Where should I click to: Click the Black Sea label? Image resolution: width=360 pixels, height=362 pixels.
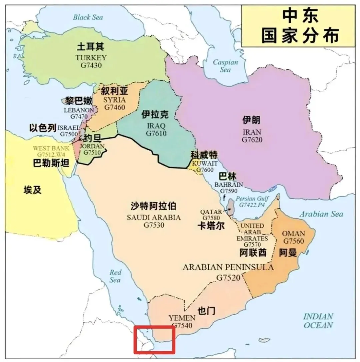[x=88, y=17]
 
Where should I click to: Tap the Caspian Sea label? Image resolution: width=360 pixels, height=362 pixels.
[x=226, y=66]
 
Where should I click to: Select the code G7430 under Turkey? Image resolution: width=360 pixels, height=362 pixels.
[x=91, y=65]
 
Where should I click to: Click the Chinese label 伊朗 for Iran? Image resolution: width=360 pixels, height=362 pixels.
[x=252, y=120]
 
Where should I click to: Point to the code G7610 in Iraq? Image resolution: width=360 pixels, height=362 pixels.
[x=156, y=134]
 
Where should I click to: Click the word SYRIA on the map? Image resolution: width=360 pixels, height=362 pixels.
[x=114, y=100]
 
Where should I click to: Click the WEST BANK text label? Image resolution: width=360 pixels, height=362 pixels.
[x=51, y=148]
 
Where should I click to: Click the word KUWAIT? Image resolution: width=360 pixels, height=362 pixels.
[x=205, y=163]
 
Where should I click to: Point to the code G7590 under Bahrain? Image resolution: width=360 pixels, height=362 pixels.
[x=229, y=191]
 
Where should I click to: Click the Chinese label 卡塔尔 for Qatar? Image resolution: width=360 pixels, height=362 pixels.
[x=211, y=226]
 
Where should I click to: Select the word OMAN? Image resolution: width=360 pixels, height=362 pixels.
[x=293, y=233]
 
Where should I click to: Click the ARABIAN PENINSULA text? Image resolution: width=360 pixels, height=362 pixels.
[x=228, y=267]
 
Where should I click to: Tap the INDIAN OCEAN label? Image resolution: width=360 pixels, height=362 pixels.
[x=318, y=321]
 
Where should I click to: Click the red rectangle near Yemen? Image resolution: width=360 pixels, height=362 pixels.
[x=154, y=340]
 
